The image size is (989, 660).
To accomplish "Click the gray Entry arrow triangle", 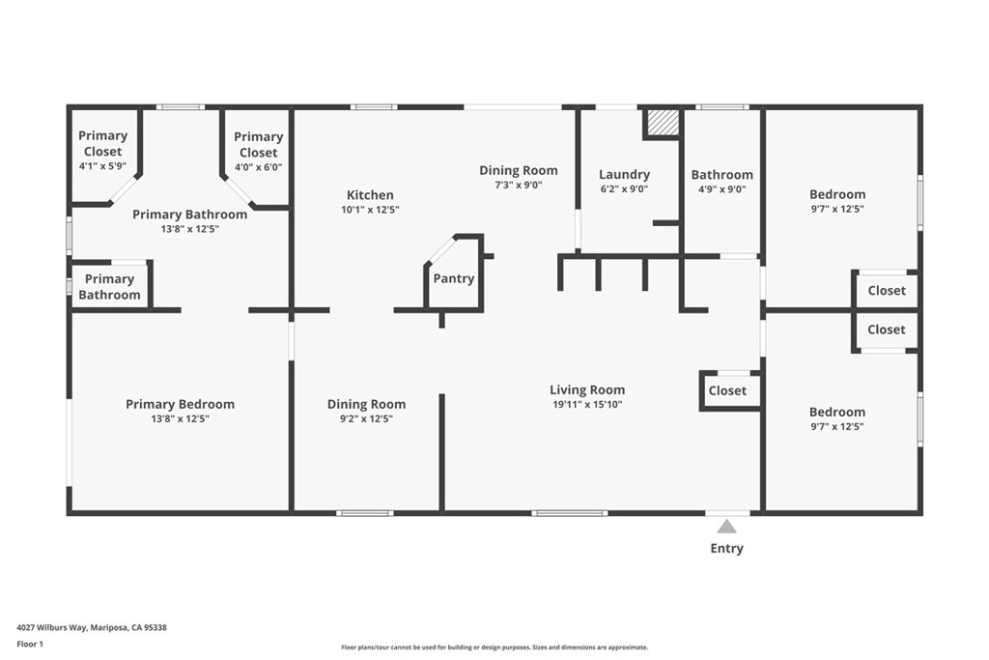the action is click(x=726, y=527).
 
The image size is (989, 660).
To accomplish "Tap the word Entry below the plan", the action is click(x=726, y=548).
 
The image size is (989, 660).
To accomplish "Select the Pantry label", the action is click(x=454, y=278).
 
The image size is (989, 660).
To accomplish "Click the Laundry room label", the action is click(x=624, y=174).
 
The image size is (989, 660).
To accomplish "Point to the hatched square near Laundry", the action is click(x=663, y=122).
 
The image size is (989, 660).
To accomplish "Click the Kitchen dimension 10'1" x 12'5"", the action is click(x=370, y=210).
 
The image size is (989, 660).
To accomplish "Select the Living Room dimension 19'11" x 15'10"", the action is click(x=587, y=405).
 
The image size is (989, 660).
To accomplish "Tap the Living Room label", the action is click(x=587, y=390).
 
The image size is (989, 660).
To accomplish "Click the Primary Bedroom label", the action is click(x=180, y=405).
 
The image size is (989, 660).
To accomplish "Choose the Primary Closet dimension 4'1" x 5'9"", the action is click(x=102, y=166).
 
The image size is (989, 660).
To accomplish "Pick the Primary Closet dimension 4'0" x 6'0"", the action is click(x=258, y=167).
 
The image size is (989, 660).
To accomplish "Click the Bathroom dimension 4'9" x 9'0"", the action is click(x=721, y=189).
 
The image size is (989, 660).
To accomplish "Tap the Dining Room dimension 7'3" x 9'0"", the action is click(x=519, y=185).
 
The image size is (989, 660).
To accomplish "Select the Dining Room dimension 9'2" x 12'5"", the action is click(x=366, y=418).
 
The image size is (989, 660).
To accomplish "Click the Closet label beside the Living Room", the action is click(x=727, y=390).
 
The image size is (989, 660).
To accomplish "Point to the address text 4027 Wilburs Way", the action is click(x=52, y=628).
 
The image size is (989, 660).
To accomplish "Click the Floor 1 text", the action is click(x=30, y=645).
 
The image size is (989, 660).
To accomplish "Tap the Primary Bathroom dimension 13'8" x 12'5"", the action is click(x=189, y=229).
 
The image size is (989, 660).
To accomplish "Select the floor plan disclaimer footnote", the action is click(x=494, y=647).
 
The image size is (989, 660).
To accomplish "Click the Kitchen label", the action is click(x=370, y=195).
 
